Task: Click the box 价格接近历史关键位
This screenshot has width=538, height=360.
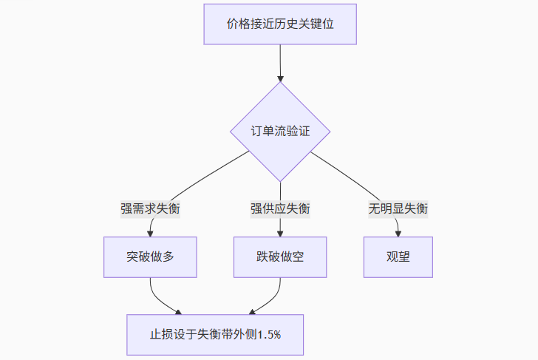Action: tap(280, 24)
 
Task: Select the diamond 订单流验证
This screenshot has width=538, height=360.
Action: tap(280, 132)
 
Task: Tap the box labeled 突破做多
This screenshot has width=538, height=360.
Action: tap(150, 257)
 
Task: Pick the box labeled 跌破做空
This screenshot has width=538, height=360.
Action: tap(280, 257)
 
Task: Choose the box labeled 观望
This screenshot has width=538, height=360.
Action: tap(398, 257)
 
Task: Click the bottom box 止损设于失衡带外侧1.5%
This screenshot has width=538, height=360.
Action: tap(215, 335)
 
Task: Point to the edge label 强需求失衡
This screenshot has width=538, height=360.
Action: tap(150, 208)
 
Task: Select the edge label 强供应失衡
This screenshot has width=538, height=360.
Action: tap(280, 208)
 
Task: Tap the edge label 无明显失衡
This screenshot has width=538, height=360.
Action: tap(398, 208)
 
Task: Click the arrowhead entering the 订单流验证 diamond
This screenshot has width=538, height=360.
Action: tap(280, 77)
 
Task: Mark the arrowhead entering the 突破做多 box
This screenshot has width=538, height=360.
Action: tap(150, 233)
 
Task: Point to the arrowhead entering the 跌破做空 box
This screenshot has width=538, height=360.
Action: tap(280, 233)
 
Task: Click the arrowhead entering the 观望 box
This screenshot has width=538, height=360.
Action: tap(398, 233)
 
